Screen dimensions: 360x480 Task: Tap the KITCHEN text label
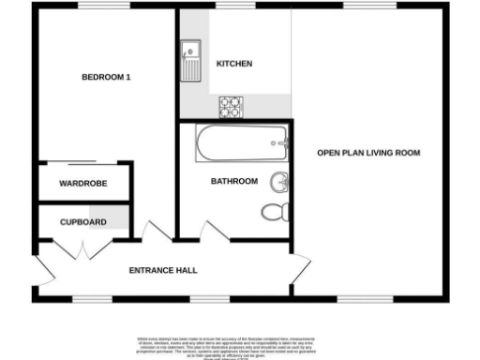234,64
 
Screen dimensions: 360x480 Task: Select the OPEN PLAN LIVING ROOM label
368,152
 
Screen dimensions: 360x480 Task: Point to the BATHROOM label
234,181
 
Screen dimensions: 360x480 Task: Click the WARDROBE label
81,183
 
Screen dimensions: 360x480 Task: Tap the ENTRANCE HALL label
163,270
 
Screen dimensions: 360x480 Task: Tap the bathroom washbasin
279,180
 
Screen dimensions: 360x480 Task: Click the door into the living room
301,268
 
